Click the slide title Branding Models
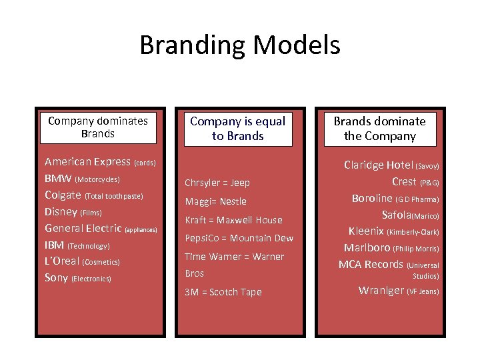(240, 45)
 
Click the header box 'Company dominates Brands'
(98, 127)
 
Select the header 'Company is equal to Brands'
(238, 129)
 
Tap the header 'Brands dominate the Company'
(379, 129)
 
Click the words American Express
(87, 161)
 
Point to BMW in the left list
(58, 178)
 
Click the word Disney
(61, 211)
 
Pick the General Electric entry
(83, 228)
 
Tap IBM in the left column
(54, 245)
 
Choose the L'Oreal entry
(62, 261)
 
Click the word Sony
(56, 278)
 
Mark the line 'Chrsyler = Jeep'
(217, 183)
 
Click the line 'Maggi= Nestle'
(215, 201)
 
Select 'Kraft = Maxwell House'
(233, 220)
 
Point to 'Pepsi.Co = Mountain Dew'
(239, 238)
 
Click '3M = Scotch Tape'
(223, 292)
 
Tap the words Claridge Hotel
(379, 165)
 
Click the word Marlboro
(367, 247)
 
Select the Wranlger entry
(381, 290)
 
